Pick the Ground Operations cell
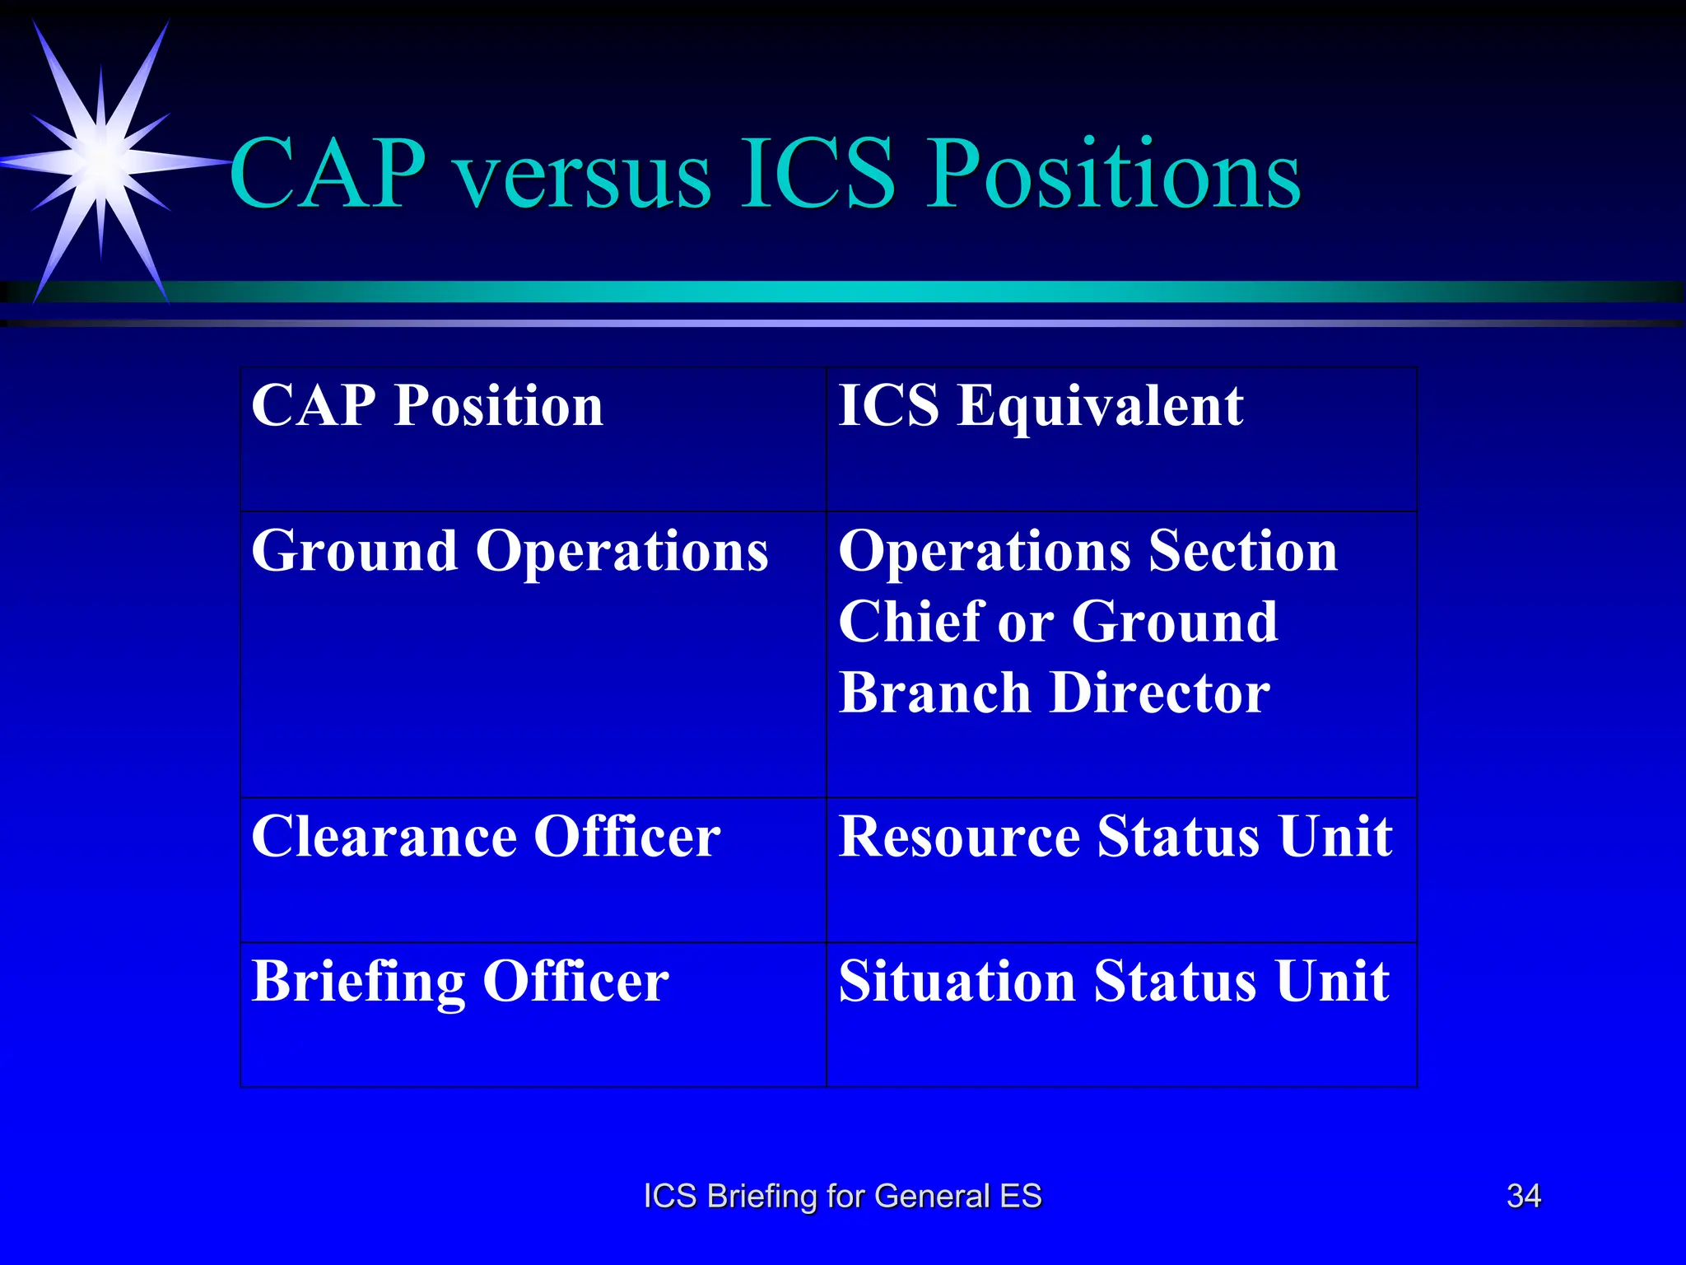point(510,551)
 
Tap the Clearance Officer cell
point(486,838)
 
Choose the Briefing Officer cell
point(460,982)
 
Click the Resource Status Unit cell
point(1115,838)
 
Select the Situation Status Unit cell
point(1113,982)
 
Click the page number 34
point(1523,1196)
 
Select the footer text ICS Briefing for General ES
point(842,1196)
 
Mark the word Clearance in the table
point(384,838)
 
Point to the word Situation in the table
point(956,982)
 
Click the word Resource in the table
point(958,838)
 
